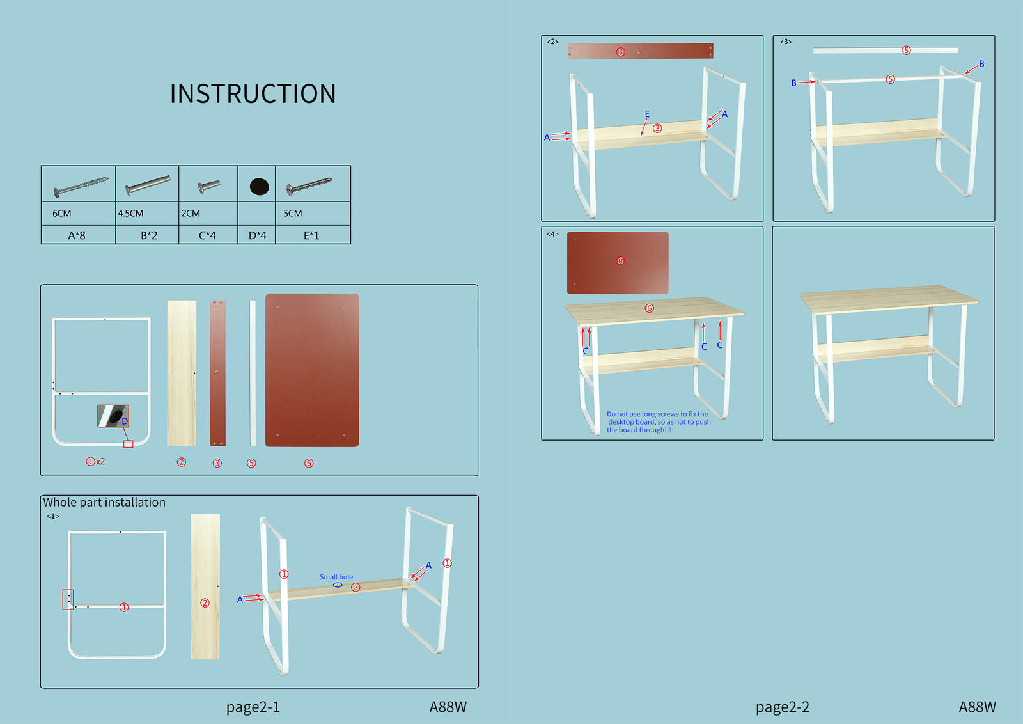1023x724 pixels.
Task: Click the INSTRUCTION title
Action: tap(253, 94)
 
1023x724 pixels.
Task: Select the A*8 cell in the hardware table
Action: tap(77, 235)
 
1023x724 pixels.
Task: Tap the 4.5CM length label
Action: tap(130, 213)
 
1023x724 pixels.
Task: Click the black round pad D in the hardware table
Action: tap(259, 186)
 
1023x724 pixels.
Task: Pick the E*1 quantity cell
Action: tap(311, 235)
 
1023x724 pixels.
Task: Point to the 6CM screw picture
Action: tap(81, 185)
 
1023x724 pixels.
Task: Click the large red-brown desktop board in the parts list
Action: tap(312, 370)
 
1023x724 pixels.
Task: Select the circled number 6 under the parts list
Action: tap(309, 463)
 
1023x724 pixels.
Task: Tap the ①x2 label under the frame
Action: tap(95, 461)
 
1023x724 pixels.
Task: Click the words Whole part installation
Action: tap(104, 502)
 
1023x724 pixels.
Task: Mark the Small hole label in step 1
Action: tap(336, 577)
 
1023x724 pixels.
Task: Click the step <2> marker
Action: tap(552, 42)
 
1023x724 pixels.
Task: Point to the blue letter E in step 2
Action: tap(647, 114)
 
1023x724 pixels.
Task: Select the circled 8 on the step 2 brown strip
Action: tap(620, 52)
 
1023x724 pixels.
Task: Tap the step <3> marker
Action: tap(785, 42)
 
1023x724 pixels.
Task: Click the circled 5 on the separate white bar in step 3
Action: tap(906, 51)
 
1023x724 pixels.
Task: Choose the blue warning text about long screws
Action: tap(658, 422)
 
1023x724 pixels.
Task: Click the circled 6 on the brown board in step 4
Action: tap(620, 261)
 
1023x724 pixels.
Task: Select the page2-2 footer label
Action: tap(782, 707)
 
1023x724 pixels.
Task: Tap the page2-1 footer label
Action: tap(253, 707)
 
